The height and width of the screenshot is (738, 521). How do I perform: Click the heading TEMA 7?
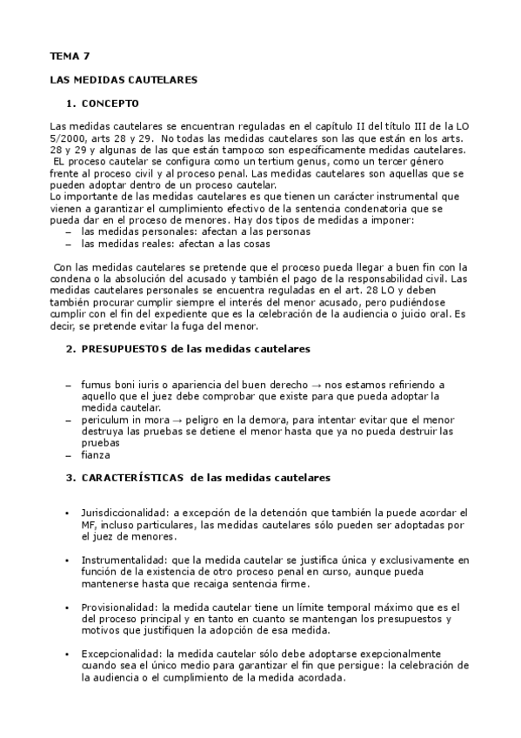[x=69, y=57]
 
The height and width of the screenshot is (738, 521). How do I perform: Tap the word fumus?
[x=98, y=384]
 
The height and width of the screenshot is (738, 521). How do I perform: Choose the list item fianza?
[x=95, y=454]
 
